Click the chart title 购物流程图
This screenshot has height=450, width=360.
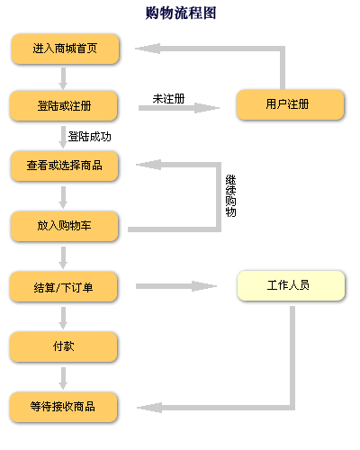[x=181, y=13]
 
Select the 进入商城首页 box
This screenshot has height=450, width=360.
[x=65, y=49]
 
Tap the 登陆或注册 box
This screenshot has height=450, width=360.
[x=64, y=106]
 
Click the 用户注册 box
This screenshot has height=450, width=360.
[x=290, y=104]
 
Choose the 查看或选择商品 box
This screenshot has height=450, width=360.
[x=64, y=166]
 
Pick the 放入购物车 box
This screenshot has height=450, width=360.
[x=64, y=226]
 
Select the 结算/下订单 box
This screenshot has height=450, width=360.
[x=64, y=286]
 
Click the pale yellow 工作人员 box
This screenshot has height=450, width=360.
[x=291, y=285]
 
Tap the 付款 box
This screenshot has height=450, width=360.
[x=64, y=346]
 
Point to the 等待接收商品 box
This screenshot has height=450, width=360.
[x=64, y=407]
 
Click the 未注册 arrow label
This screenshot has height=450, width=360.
[x=168, y=99]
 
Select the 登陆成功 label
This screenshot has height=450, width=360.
[x=90, y=137]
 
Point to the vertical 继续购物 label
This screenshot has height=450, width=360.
[x=230, y=195]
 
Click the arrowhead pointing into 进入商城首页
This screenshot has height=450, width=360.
[x=148, y=49]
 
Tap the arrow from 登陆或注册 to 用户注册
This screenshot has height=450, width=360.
[x=179, y=108]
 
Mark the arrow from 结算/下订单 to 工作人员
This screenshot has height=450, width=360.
[x=176, y=286]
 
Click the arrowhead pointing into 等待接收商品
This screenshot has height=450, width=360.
[x=149, y=408]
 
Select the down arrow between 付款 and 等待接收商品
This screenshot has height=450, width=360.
[x=63, y=378]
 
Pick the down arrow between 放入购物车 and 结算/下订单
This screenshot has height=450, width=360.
[x=63, y=257]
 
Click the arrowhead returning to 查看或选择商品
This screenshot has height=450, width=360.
[x=148, y=165]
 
